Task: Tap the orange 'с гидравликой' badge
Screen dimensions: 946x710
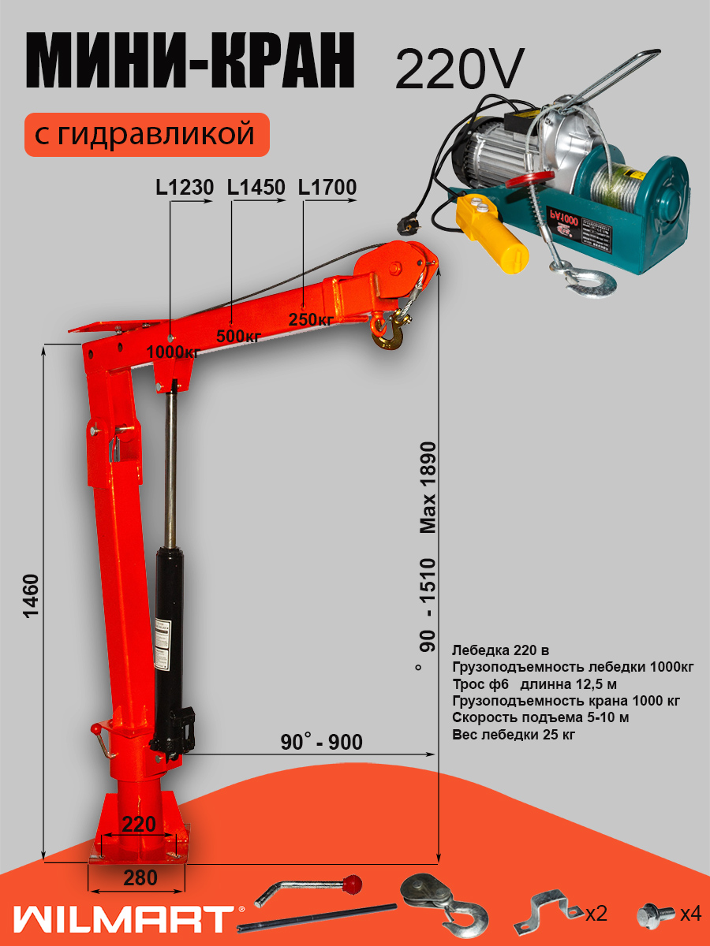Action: [x=147, y=134]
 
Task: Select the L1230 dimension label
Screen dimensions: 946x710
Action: [x=185, y=188]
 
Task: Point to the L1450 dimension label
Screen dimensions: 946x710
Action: [x=256, y=188]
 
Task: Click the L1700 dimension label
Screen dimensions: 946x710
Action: [x=327, y=188]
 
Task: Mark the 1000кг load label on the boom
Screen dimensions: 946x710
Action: [x=173, y=352]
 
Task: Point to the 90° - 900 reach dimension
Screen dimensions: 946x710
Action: [x=321, y=742]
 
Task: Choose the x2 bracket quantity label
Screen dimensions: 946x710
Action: [x=596, y=914]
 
